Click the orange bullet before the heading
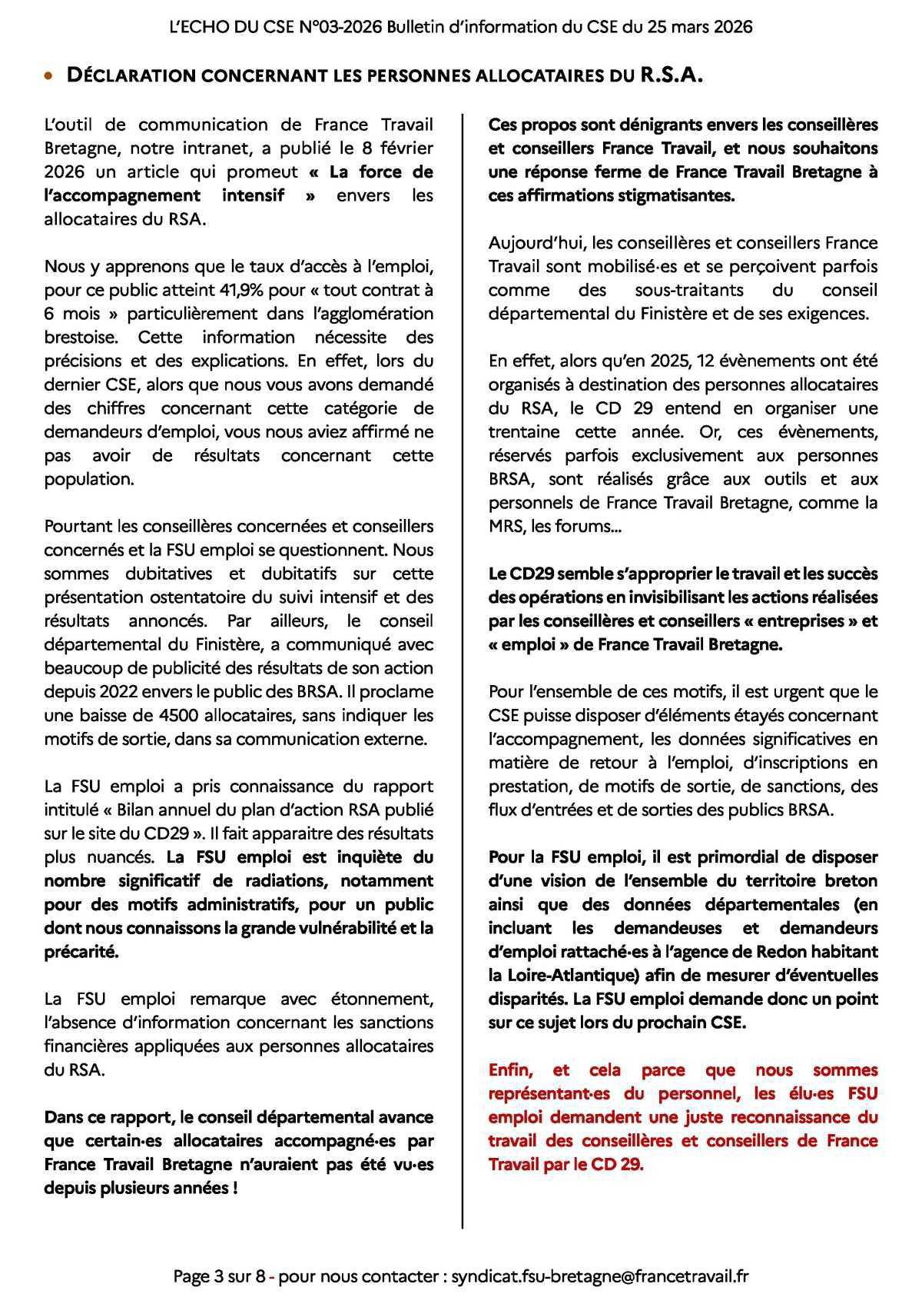[x=49, y=77]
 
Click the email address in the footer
[x=599, y=1277]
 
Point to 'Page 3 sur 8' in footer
[x=220, y=1277]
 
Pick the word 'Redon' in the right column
[x=781, y=951]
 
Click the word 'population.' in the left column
[x=89, y=479]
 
